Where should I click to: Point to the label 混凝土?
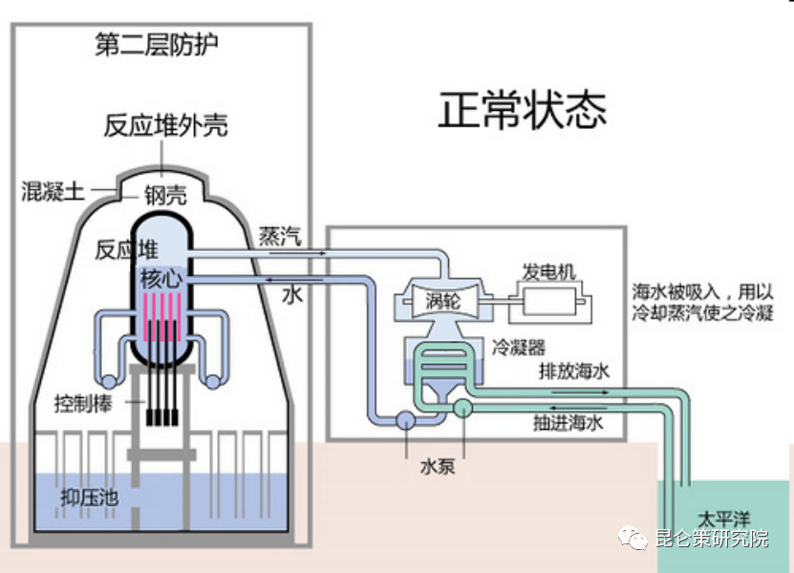(x=54, y=191)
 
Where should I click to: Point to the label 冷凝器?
(x=519, y=349)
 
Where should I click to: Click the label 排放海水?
(x=572, y=373)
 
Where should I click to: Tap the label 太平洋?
(x=722, y=518)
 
